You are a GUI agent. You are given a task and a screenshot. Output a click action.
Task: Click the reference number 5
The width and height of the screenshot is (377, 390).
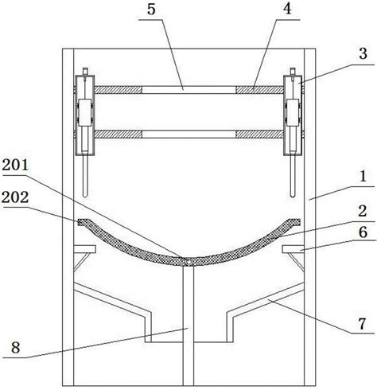[151, 10]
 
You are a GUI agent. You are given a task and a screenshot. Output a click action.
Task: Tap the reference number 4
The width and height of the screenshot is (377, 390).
[287, 9]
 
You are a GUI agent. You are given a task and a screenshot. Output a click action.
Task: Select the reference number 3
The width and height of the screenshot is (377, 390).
[363, 53]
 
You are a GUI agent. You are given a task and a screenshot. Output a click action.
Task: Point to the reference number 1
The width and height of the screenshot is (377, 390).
[363, 176]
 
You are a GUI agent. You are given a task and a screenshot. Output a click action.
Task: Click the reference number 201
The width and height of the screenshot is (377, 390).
[15, 165]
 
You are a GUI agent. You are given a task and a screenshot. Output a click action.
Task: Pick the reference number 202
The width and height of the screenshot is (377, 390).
[15, 197]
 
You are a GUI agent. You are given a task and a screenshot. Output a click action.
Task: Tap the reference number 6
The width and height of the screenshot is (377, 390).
[363, 232]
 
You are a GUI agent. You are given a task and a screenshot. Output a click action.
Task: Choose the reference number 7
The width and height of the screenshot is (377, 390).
[363, 324]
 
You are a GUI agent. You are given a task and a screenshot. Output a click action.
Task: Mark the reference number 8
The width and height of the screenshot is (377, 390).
[15, 347]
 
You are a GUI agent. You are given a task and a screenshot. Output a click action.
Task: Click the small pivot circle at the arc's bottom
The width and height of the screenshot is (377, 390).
[188, 262]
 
